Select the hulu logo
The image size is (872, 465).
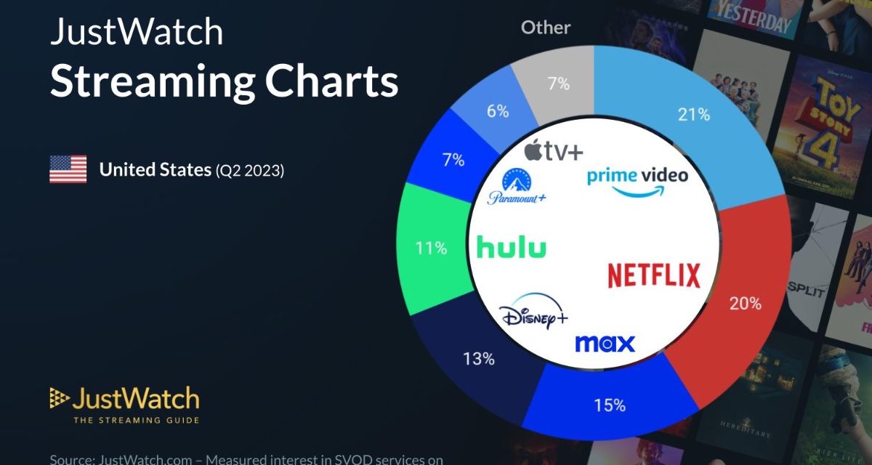pyautogui.click(x=511, y=248)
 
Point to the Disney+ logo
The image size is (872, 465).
pyautogui.click(x=533, y=318)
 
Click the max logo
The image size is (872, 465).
pyautogui.click(x=605, y=343)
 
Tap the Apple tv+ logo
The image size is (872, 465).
pyautogui.click(x=553, y=151)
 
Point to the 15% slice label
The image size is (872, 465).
pyautogui.click(x=610, y=405)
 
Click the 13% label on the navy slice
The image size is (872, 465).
pyautogui.click(x=479, y=359)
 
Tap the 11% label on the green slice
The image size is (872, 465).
pyautogui.click(x=431, y=248)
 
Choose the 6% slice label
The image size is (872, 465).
pyautogui.click(x=497, y=112)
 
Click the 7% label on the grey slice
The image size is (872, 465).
pyautogui.click(x=558, y=84)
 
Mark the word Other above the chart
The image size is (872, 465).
pyautogui.click(x=546, y=28)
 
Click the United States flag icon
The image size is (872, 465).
pyautogui.click(x=68, y=169)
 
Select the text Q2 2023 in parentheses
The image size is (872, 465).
pyautogui.click(x=249, y=171)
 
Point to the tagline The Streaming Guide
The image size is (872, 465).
pyautogui.click(x=136, y=419)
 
